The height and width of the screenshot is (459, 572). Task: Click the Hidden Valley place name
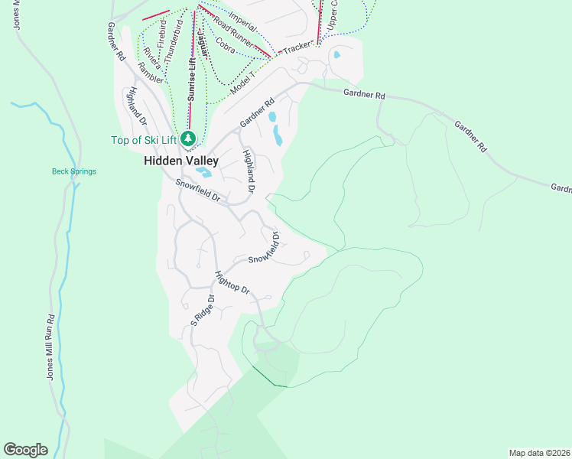(181, 161)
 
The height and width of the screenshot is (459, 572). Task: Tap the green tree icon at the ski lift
(188, 138)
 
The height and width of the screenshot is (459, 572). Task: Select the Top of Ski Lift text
(144, 139)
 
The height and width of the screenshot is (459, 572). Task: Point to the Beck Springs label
(73, 171)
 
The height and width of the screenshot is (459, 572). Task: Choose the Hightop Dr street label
(232, 282)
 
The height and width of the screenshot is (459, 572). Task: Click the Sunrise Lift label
(191, 77)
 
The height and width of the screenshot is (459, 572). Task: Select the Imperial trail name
(242, 15)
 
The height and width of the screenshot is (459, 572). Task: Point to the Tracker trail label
(297, 48)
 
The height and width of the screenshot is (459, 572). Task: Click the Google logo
(25, 450)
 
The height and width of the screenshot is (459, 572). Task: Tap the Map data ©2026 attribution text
(539, 453)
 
